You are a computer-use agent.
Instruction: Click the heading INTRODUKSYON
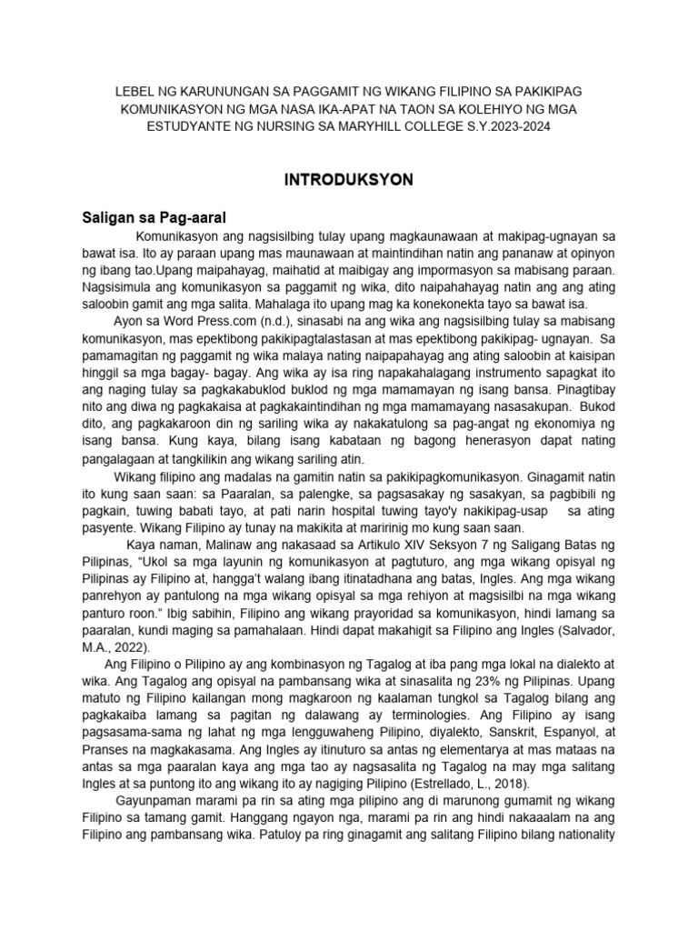(x=349, y=180)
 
